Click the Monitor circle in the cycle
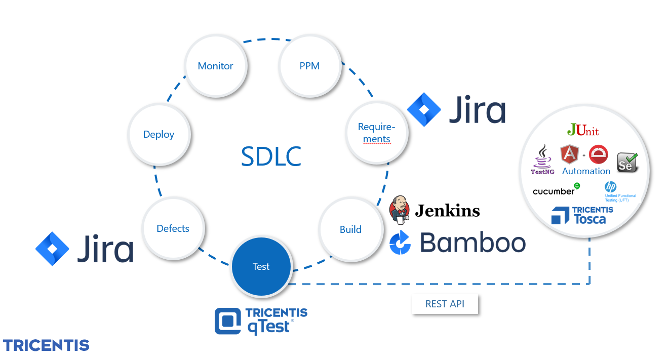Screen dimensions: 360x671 point(216,66)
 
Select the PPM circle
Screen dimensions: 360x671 point(309,66)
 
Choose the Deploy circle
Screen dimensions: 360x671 point(159,135)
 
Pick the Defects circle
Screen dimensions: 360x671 point(173,229)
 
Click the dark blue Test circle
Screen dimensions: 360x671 point(261,267)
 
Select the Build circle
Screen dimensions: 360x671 point(350,229)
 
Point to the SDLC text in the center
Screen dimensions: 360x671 point(271,156)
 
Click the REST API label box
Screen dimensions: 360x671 point(445,304)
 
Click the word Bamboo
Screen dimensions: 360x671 point(472,243)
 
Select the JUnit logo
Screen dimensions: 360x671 point(583,130)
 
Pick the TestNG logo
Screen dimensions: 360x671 point(542,159)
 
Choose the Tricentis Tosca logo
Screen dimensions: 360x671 point(581,215)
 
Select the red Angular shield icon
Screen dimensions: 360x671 point(570,154)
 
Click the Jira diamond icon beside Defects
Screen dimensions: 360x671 point(52,249)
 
